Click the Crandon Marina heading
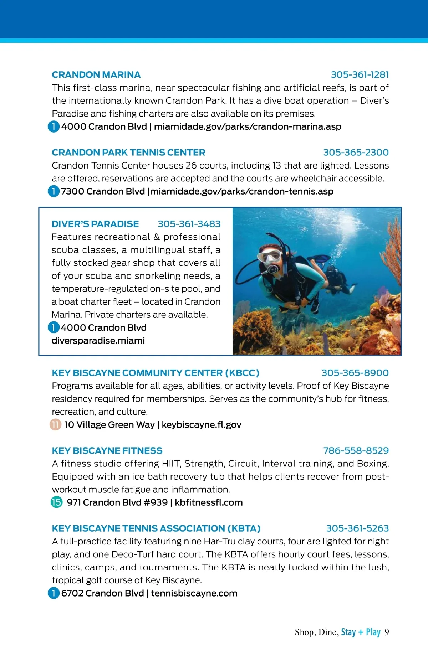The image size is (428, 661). [x=96, y=75]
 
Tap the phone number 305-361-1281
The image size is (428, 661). [x=360, y=75]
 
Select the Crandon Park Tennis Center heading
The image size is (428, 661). [x=128, y=153]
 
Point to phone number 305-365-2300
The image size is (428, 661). [x=356, y=153]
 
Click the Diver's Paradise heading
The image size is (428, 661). [x=95, y=224]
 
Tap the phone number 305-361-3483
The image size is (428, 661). [x=189, y=224]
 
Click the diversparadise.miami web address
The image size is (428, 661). [x=98, y=341]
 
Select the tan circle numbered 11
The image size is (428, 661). [x=55, y=425]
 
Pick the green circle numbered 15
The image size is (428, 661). [x=56, y=502]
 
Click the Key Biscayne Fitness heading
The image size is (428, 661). [x=107, y=451]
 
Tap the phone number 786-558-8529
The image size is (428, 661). [x=356, y=451]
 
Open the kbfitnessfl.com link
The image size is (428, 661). [x=209, y=503]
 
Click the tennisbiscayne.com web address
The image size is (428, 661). [x=194, y=593]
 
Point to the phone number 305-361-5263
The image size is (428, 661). [x=357, y=528]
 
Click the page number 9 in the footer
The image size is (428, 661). [x=387, y=632]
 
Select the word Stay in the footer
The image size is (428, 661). [x=348, y=632]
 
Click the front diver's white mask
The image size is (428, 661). [x=269, y=255]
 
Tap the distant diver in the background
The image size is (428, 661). [x=335, y=278]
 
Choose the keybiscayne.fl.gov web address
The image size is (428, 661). [x=202, y=425]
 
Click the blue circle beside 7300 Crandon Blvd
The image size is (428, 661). [x=53, y=191]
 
